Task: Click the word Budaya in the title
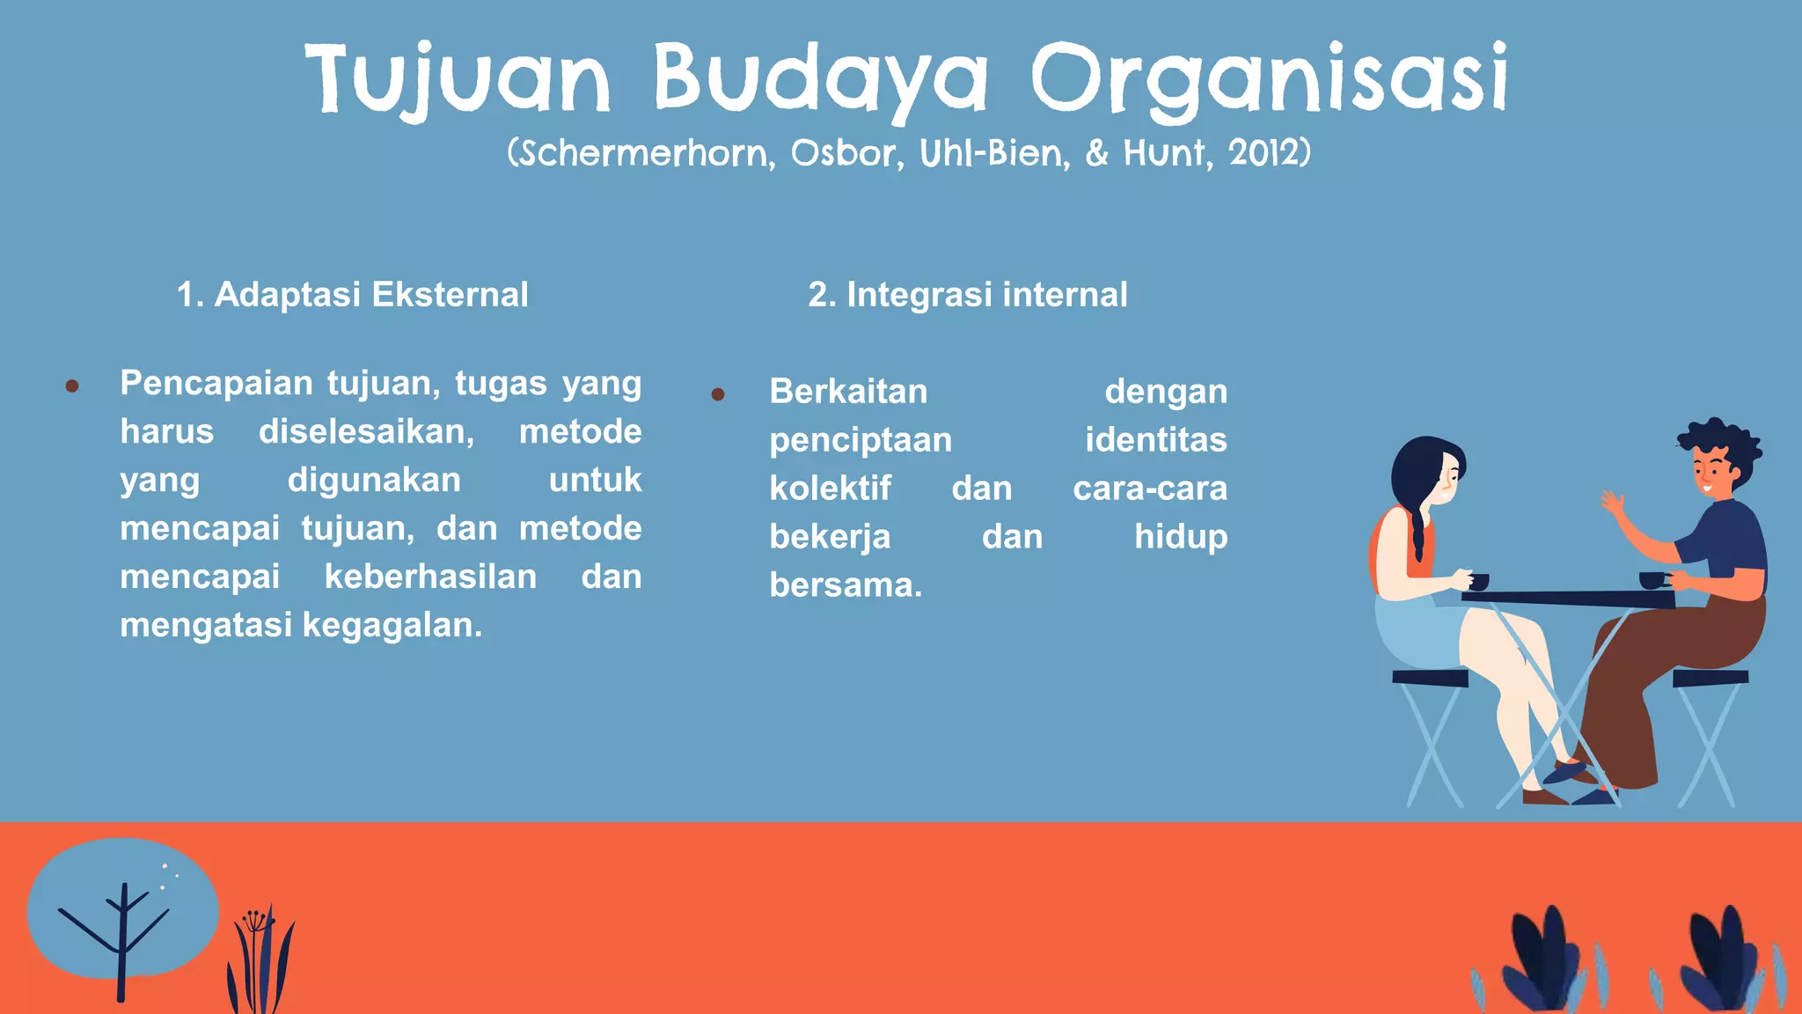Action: coord(820,79)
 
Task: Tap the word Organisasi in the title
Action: coord(1270,79)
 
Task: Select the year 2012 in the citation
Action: coord(1264,153)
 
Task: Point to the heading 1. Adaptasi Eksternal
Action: coord(352,294)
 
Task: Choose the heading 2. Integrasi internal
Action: coord(967,294)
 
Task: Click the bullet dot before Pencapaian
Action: coord(72,386)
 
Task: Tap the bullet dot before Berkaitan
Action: coord(718,394)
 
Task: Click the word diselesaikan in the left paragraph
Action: coord(366,431)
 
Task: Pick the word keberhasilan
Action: coord(430,577)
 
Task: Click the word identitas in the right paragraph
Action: coord(1155,439)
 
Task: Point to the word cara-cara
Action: coord(1149,488)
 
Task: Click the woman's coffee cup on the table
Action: coord(1478,582)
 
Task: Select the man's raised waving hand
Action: coord(1612,504)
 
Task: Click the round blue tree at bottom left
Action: coord(123,907)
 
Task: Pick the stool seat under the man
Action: coord(1710,678)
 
